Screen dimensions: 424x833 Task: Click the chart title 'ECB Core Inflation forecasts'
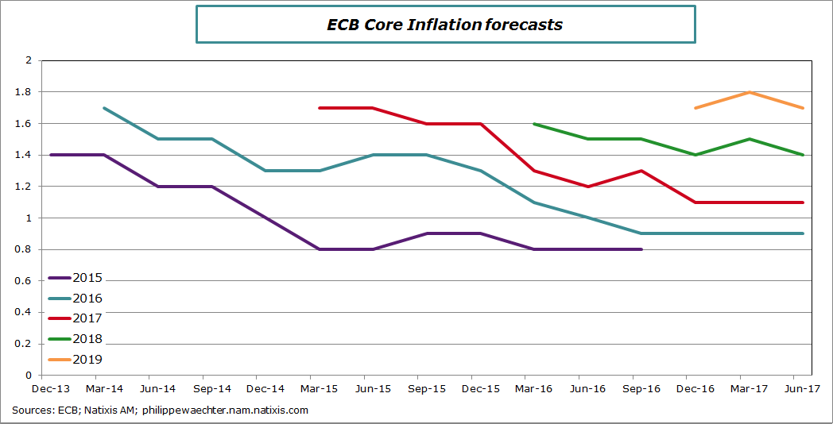(445, 25)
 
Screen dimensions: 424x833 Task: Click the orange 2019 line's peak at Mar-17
(750, 92)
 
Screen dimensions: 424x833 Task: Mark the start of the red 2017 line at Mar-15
(319, 107)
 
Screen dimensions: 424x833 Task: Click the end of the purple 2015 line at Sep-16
(641, 249)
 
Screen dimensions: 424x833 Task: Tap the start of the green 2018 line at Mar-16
(533, 123)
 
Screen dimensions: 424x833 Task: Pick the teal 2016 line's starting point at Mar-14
(104, 107)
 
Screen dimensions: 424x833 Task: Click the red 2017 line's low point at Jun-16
(587, 187)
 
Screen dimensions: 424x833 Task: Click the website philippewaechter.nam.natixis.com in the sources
(225, 411)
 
